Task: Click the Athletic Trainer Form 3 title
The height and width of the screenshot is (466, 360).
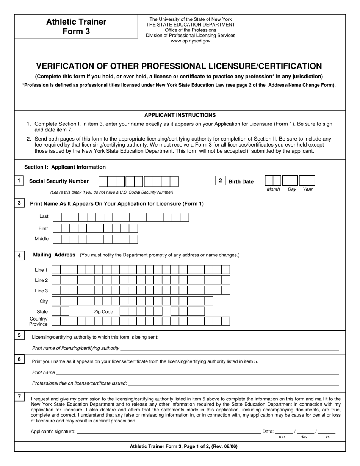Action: tap(76, 27)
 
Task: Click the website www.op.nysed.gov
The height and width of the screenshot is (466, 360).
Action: tap(190, 41)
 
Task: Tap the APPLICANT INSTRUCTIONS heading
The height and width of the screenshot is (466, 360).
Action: tap(180, 115)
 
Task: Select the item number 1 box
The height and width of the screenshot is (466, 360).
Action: tap(19, 181)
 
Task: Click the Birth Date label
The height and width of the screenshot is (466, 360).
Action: tap(241, 182)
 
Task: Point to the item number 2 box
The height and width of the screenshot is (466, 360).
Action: tap(220, 181)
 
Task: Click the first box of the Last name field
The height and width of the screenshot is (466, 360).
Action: tap(57, 217)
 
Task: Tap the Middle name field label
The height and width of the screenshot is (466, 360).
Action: tap(42, 239)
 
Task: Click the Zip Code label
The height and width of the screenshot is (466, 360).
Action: tap(103, 312)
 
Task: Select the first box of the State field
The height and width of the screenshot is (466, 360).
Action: tap(56, 311)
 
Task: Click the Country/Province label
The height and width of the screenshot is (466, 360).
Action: tap(39, 321)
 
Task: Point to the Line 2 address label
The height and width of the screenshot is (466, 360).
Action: tap(41, 280)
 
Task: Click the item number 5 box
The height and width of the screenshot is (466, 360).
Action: tap(19, 335)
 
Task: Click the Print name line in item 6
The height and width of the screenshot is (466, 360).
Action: tap(197, 373)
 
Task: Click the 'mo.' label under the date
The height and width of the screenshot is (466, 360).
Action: tap(282, 437)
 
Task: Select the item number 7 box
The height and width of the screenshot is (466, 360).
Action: tap(19, 397)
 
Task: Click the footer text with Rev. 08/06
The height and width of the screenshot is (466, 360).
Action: tap(184, 446)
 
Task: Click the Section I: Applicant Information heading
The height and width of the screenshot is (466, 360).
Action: tap(65, 167)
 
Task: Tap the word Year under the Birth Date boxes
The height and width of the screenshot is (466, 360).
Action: tap(308, 189)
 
